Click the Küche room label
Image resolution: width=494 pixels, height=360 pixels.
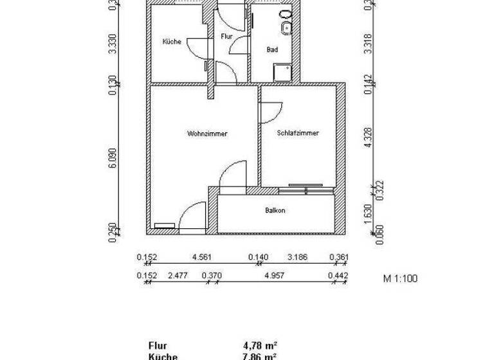(x=171, y=42)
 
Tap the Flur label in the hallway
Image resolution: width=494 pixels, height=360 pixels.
(x=226, y=37)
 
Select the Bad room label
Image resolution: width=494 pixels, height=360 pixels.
(x=272, y=50)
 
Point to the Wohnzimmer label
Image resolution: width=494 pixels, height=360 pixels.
(x=208, y=134)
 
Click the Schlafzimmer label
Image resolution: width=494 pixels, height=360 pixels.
(x=298, y=134)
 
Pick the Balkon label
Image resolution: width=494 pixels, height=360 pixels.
(x=275, y=210)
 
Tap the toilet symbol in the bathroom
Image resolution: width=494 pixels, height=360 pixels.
(x=286, y=15)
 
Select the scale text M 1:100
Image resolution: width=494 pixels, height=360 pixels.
(x=401, y=279)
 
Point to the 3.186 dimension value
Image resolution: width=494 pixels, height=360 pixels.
(x=298, y=258)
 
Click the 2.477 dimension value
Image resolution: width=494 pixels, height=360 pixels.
(x=178, y=276)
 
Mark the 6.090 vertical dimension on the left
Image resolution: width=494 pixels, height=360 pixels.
(x=113, y=158)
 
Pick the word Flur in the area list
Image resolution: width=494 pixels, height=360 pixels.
(x=157, y=345)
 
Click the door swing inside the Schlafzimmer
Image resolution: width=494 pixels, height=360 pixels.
(x=269, y=111)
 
